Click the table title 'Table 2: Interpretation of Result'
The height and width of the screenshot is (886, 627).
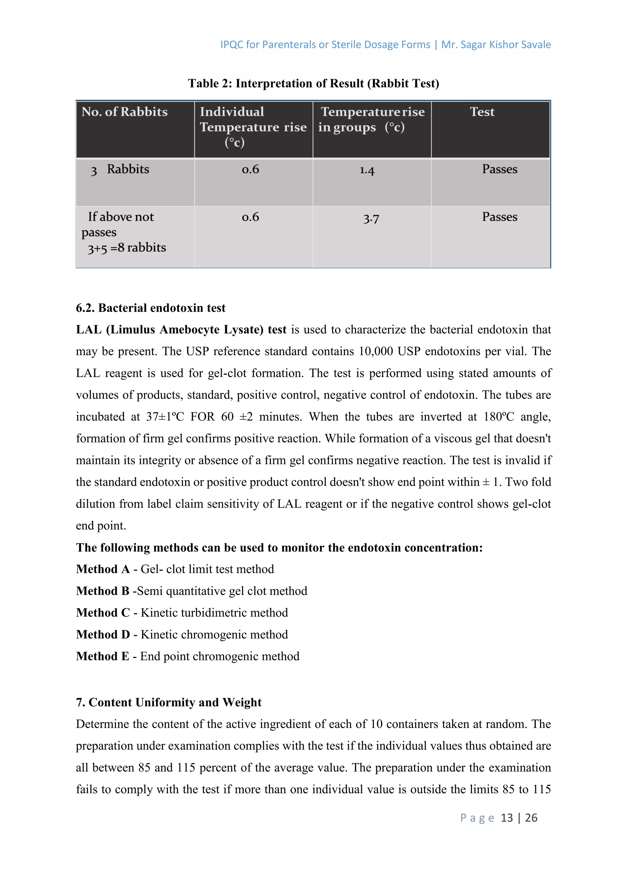tap(313, 83)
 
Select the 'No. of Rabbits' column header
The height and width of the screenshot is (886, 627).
tap(124, 112)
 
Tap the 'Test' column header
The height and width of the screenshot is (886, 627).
tap(482, 112)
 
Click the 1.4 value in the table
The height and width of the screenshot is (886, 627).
tap(367, 170)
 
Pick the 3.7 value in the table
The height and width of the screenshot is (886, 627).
tap(371, 218)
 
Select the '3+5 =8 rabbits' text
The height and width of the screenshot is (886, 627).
tap(127, 248)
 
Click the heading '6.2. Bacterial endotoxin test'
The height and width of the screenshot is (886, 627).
tap(151, 308)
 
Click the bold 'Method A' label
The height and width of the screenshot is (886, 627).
tap(103, 569)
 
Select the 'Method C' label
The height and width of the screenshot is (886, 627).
tap(103, 613)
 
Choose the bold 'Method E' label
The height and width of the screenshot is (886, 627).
tap(102, 657)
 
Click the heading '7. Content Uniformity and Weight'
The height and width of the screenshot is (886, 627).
tap(169, 702)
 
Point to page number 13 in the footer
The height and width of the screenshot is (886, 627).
tap(507, 818)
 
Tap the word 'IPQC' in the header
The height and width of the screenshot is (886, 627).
tap(232, 45)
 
